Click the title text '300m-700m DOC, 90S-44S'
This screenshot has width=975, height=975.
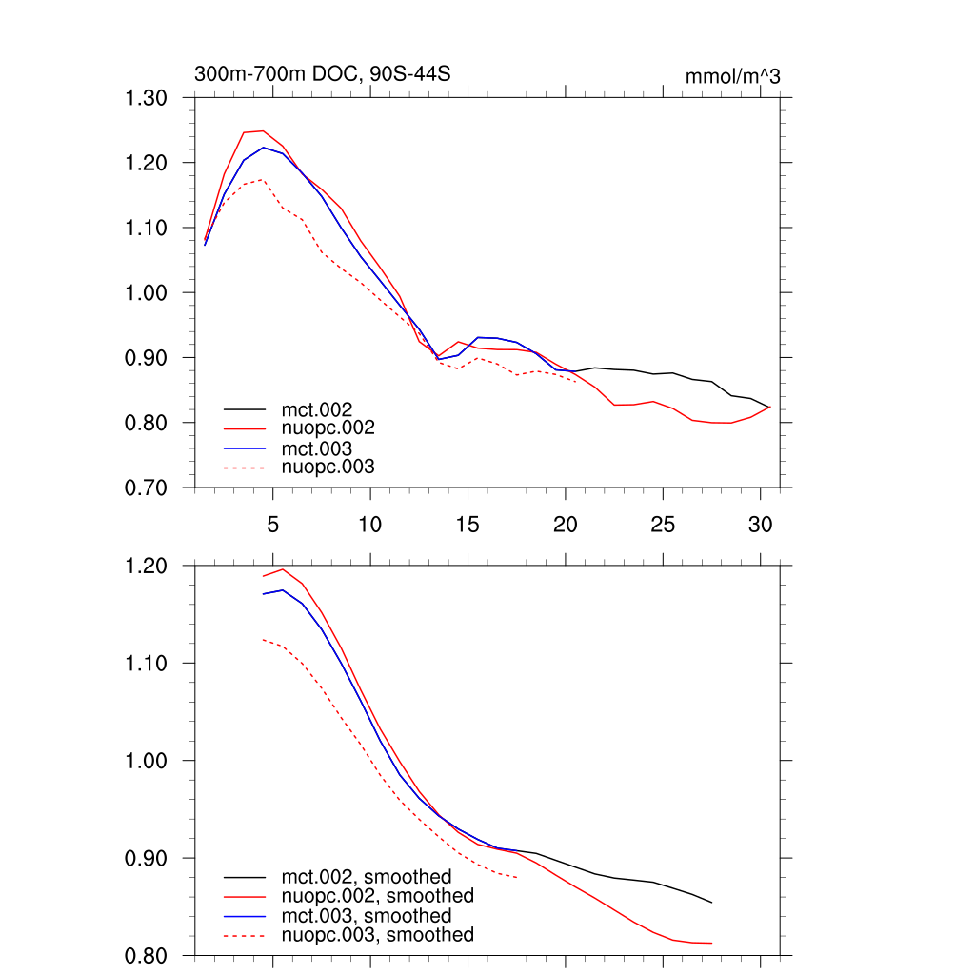[322, 74]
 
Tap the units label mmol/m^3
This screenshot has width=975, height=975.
[732, 76]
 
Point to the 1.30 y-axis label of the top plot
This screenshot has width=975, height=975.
[147, 98]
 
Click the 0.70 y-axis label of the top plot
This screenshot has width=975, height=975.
[147, 487]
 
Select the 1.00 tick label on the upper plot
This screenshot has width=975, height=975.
[147, 292]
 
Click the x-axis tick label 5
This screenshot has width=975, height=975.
[272, 524]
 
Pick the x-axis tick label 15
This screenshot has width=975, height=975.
[468, 524]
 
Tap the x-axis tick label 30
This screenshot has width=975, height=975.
[760, 524]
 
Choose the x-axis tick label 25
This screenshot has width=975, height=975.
[663, 524]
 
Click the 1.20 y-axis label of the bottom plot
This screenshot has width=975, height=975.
[147, 566]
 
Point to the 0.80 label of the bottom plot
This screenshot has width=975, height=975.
[147, 955]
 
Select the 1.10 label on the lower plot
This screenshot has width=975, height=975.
[147, 664]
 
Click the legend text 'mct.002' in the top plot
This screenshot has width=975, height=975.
[310, 409]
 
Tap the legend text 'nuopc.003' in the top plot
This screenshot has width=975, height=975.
[328, 468]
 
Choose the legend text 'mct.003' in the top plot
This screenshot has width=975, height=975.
[310, 448]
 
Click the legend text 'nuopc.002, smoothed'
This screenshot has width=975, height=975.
[377, 896]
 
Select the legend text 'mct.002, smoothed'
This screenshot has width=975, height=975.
[366, 877]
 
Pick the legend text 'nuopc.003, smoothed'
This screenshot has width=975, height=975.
[377, 935]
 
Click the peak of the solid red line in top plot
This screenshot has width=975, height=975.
[263, 131]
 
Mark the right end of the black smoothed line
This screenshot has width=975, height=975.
[711, 903]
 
